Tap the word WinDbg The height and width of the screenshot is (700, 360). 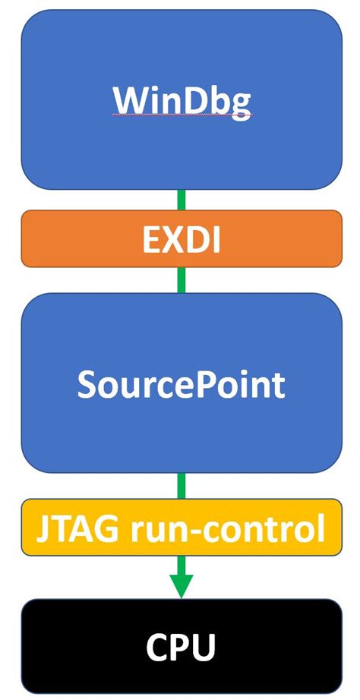coord(181,100)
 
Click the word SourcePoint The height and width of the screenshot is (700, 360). coord(181,385)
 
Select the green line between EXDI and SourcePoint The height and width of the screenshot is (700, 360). coord(181,280)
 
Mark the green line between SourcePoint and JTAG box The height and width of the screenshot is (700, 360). coord(181,485)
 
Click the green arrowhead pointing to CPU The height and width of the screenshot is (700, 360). coord(181,585)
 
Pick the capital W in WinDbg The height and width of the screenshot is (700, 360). coord(130,99)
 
